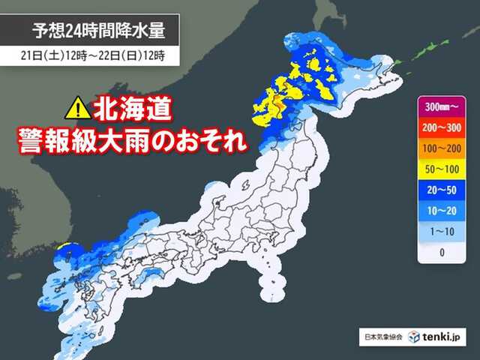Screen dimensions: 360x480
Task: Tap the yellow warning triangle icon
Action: [x=77, y=110]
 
